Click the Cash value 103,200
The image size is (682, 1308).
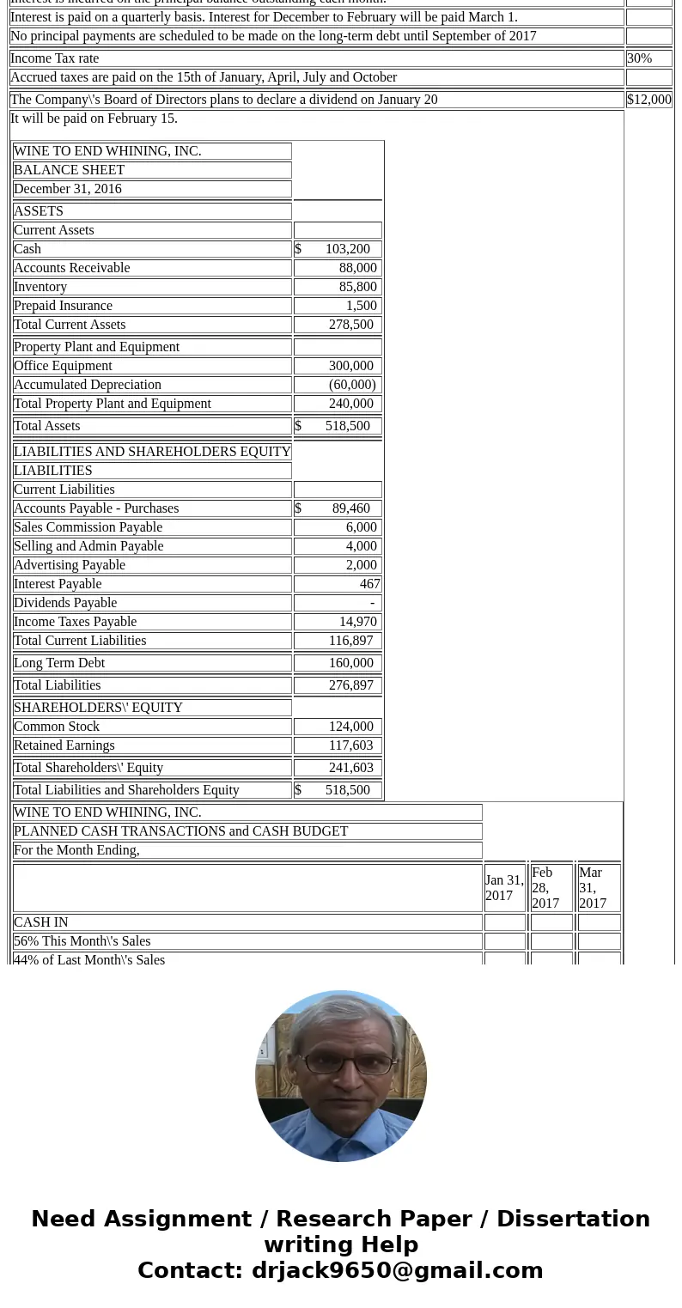(347, 249)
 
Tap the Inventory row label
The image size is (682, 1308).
(40, 287)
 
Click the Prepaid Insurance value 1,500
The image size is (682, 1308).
(361, 306)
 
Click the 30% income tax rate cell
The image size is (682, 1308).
(640, 58)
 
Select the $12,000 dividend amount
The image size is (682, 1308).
(649, 100)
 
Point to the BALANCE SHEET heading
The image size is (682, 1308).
(69, 170)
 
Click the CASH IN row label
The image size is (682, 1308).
(41, 922)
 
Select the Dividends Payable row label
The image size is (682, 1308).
(65, 603)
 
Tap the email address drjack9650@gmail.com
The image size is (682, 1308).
(397, 1270)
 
